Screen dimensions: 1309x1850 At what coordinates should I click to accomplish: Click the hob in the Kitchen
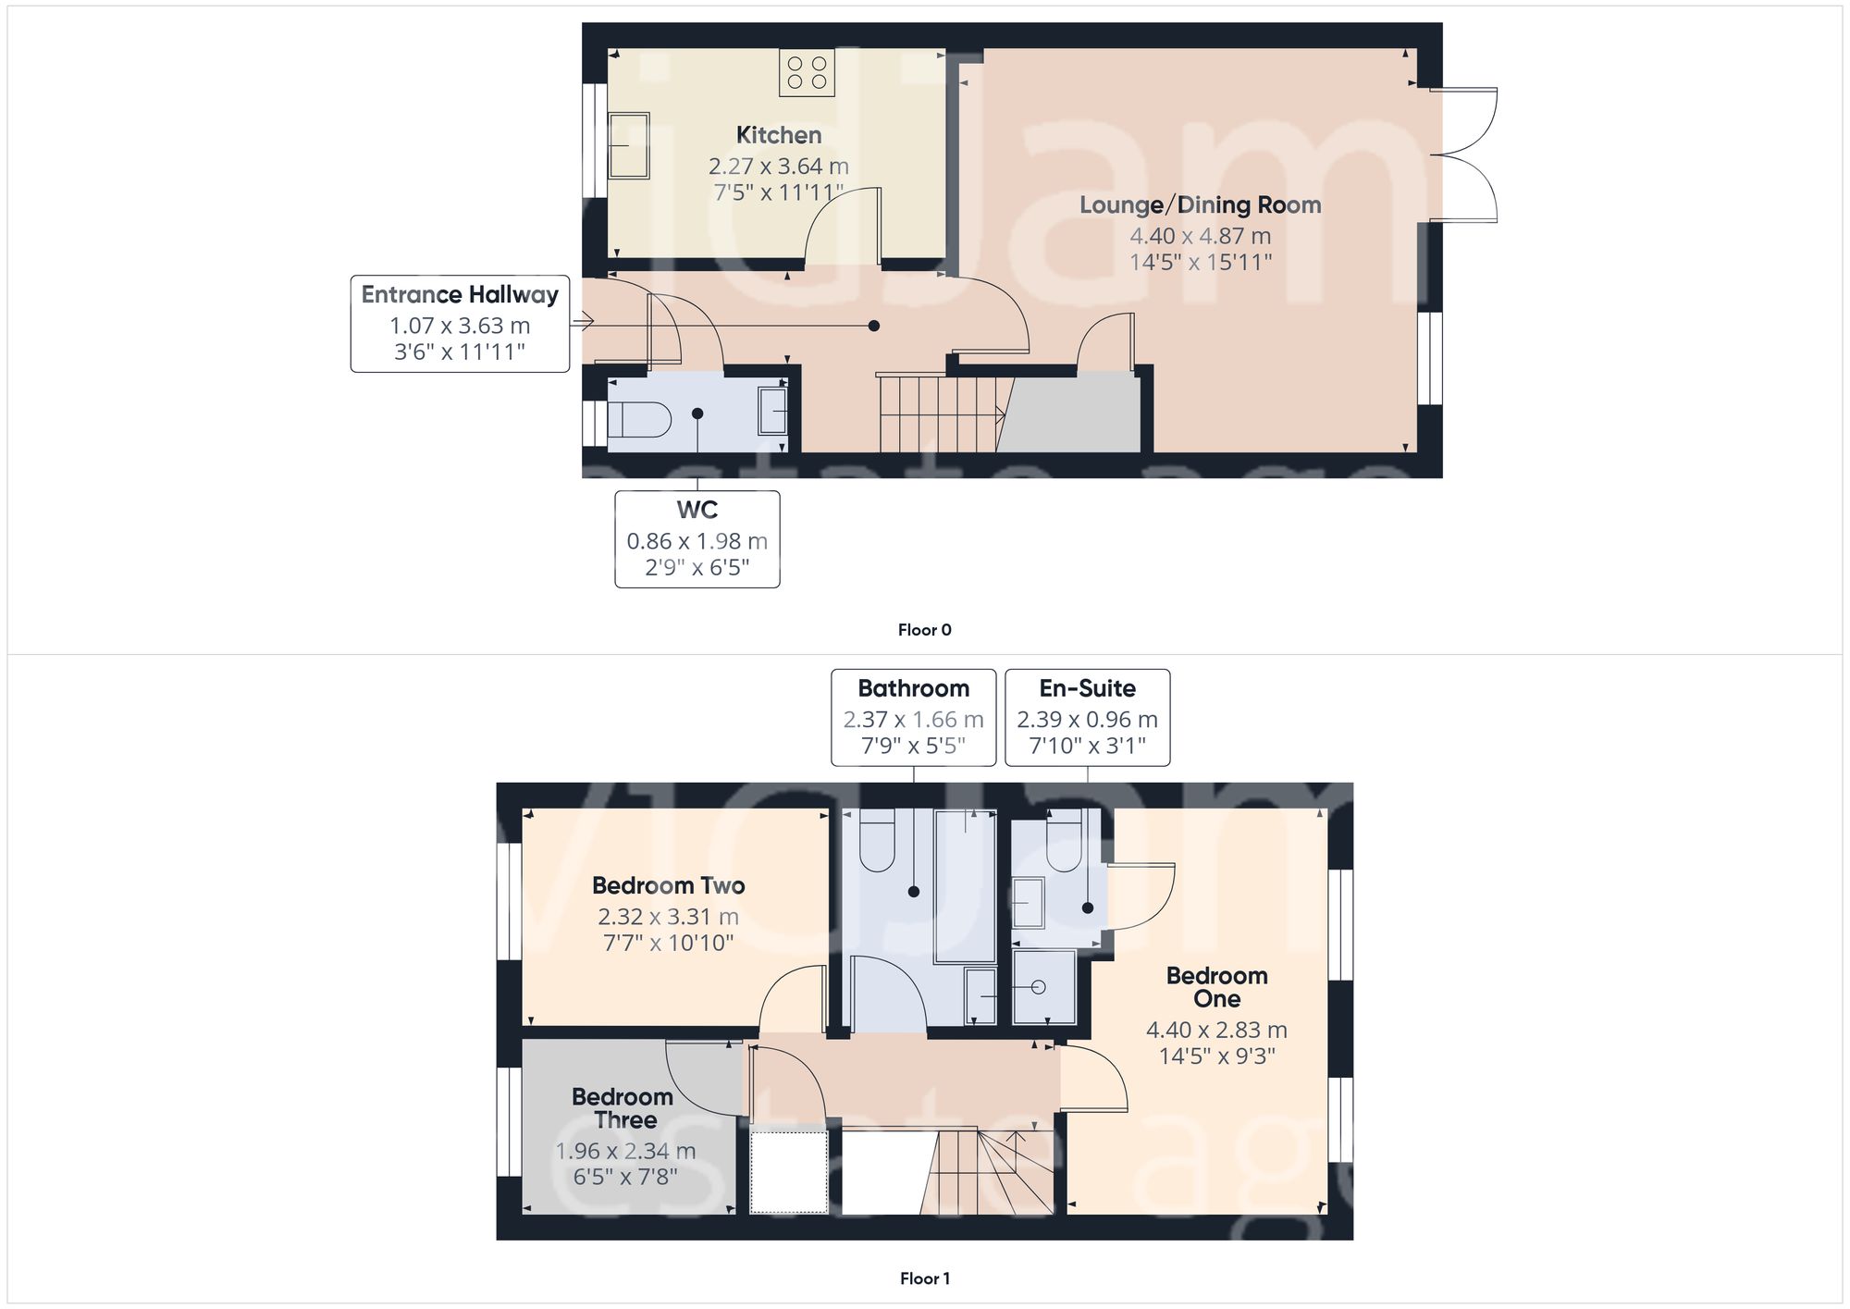tap(807, 73)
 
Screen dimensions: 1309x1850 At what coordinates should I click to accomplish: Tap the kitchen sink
tap(628, 145)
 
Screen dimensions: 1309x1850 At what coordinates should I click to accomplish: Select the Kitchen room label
tap(778, 135)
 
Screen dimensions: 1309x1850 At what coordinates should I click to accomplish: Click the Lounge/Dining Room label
tap(1200, 204)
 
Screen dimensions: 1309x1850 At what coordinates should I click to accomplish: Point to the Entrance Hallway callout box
tap(460, 324)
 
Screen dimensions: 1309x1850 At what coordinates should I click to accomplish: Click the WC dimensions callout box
tap(697, 539)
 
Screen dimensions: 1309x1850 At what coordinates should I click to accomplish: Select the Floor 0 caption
tap(924, 630)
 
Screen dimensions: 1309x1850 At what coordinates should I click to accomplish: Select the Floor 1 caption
tap(924, 1278)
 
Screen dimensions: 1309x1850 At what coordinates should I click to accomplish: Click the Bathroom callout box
tap(913, 717)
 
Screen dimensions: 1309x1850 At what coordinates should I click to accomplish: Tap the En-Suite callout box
tap(1087, 717)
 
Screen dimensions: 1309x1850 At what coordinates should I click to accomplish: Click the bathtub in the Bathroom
tap(965, 886)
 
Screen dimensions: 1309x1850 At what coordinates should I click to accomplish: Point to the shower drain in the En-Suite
tap(1038, 987)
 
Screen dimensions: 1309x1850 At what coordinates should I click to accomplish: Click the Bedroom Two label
tap(668, 885)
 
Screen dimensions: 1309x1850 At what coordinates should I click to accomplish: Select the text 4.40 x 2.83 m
tap(1216, 1030)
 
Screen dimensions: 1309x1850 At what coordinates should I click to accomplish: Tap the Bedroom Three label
tap(623, 1107)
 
